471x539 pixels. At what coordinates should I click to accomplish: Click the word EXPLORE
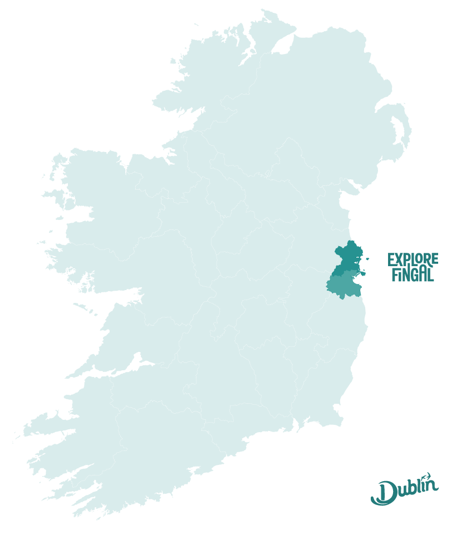tap(413, 259)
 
